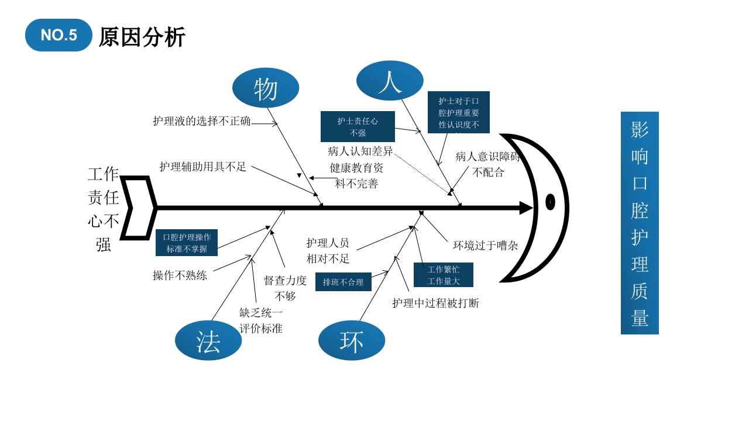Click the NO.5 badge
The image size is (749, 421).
tap(59, 35)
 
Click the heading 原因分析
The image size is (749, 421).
tap(142, 37)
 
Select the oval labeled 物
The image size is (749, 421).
tap(266, 88)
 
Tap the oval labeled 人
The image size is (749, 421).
tap(390, 81)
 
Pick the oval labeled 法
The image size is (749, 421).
tap(208, 341)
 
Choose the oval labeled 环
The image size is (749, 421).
tap(352, 341)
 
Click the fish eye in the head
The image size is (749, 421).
tap(550, 202)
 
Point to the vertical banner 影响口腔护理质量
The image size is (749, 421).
tap(640, 223)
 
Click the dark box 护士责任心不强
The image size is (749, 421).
tap(358, 127)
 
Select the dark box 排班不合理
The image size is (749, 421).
tap(343, 282)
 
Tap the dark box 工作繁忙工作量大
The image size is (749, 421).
tap(444, 275)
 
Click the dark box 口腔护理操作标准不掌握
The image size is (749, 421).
tap(187, 243)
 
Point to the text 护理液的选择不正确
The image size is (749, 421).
tap(202, 121)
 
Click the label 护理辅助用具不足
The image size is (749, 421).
tap(203, 167)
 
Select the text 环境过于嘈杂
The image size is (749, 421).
tap(486, 246)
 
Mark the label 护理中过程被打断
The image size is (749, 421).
tap(435, 303)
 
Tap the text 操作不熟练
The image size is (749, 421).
tap(180, 275)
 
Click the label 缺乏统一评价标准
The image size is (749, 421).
tap(261, 320)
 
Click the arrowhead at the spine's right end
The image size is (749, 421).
tap(526, 208)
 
